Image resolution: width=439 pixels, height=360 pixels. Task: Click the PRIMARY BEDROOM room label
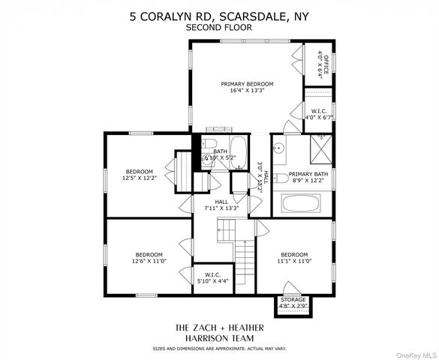tap(247, 84)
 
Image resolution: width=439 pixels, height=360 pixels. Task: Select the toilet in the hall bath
tap(211, 145)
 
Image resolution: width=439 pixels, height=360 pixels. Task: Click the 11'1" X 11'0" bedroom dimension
tap(295, 261)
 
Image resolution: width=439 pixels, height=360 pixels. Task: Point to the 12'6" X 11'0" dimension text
tap(148, 261)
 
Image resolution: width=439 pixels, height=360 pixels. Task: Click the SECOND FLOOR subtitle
tap(220, 27)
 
